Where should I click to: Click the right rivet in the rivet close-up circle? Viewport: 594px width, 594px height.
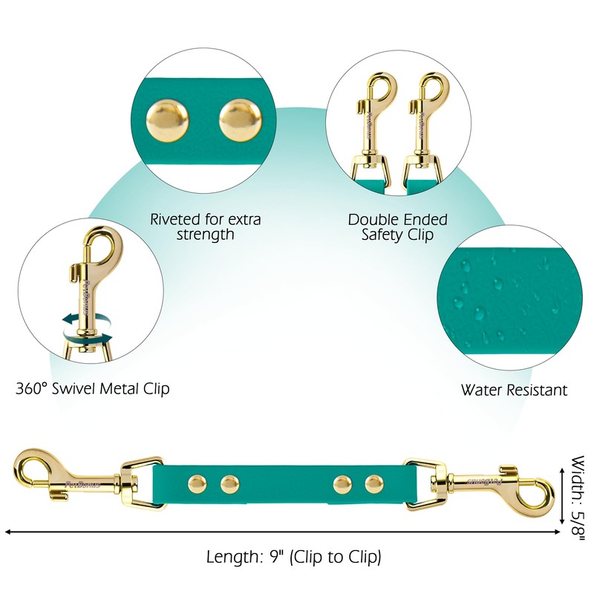coord(240,120)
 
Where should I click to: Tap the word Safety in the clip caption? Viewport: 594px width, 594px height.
coord(387,235)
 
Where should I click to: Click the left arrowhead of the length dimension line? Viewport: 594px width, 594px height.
coord(7,532)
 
